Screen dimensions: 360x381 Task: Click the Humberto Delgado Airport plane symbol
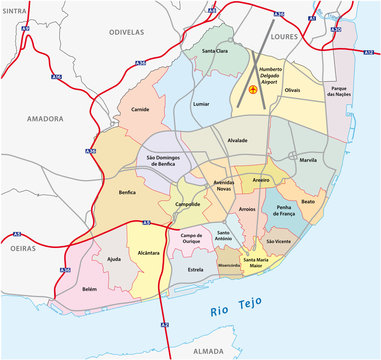(253, 90)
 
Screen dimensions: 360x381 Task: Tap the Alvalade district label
(237, 141)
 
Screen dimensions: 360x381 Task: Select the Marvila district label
(307, 160)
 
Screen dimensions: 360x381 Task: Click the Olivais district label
(291, 90)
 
